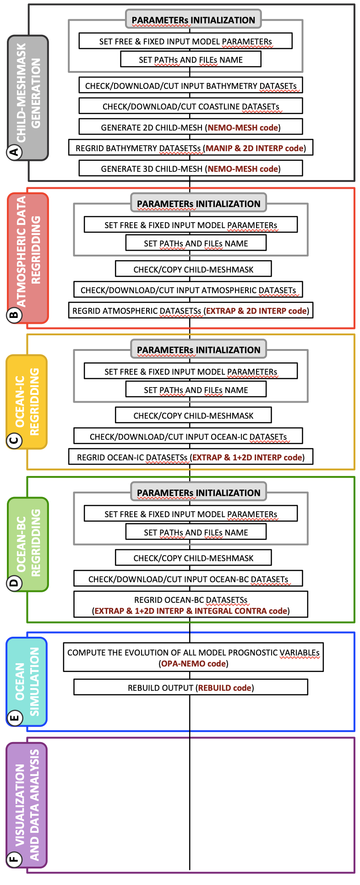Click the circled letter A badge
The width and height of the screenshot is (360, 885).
click(14, 152)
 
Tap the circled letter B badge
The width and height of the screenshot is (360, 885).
click(14, 315)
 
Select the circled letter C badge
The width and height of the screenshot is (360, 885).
click(14, 441)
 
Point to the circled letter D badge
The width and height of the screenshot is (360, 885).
click(14, 583)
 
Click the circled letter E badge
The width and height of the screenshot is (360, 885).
click(14, 718)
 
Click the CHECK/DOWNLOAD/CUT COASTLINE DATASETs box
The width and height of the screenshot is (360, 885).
click(191, 106)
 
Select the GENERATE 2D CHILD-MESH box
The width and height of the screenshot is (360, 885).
click(191, 127)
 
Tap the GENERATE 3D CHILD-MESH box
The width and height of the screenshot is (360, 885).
click(191, 169)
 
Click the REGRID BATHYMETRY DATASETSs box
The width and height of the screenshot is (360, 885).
click(191, 148)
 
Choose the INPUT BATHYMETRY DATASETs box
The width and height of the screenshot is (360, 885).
click(191, 86)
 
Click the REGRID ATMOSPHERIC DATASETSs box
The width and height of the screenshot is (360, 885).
click(191, 311)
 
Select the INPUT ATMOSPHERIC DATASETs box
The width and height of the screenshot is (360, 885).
click(188, 290)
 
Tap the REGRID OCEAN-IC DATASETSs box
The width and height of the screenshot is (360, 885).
click(191, 457)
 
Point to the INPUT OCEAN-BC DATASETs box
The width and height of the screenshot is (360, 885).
click(188, 579)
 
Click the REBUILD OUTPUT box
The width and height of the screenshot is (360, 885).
click(191, 688)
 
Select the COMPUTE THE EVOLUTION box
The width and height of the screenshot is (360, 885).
click(193, 658)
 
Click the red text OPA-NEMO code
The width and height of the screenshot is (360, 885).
click(193, 664)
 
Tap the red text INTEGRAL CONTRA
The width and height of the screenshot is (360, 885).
click(230, 611)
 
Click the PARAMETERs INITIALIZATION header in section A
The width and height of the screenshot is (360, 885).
click(193, 20)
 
